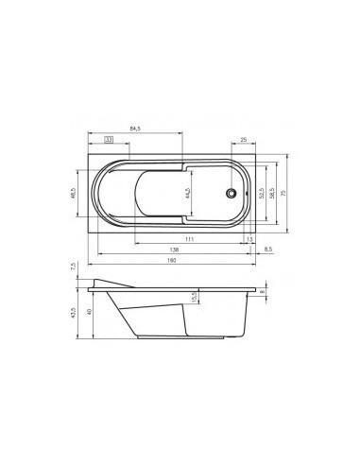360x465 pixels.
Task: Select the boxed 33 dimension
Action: point(110,139)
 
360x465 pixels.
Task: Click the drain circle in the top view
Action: point(230,193)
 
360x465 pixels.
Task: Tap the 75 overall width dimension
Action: point(284,193)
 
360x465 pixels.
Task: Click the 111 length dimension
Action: point(190,240)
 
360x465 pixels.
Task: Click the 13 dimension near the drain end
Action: point(249,240)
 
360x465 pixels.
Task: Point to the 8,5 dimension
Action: point(268,250)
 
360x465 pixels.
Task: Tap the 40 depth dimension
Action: point(89,312)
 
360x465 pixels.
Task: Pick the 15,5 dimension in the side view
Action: point(195,298)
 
